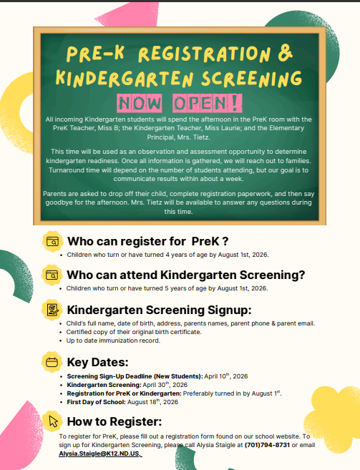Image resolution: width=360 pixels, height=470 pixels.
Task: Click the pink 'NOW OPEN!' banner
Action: tap(180, 100)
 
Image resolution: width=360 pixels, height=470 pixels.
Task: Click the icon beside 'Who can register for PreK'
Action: tap(52, 241)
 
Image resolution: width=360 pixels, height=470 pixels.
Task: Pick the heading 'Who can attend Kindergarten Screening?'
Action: tap(186, 275)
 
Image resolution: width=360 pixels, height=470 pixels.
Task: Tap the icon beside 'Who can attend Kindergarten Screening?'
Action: tap(52, 275)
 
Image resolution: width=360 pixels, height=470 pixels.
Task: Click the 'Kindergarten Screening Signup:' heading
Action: tap(159, 310)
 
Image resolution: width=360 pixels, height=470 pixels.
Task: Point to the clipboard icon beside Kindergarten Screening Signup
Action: tap(52, 310)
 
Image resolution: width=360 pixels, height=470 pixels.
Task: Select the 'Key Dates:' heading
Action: tap(97, 362)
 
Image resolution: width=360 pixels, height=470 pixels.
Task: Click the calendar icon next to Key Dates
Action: tap(52, 362)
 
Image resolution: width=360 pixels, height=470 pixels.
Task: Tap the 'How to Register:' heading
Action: tap(115, 421)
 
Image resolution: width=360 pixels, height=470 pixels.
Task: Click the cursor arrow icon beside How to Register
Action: tap(52, 421)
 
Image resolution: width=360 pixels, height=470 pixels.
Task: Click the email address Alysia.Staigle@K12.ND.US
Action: tap(100, 453)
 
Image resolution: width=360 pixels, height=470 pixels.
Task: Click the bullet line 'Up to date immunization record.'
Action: tap(112, 340)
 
